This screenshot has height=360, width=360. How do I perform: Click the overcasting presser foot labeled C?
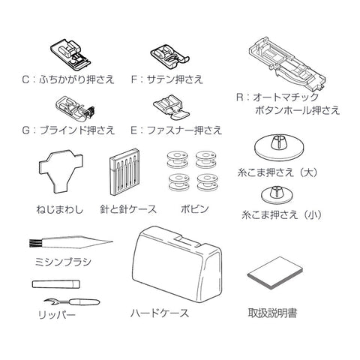70,55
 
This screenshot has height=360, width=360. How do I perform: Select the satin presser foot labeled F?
169,56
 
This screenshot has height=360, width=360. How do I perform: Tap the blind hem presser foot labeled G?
76,107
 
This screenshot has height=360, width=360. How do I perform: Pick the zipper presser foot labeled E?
171,108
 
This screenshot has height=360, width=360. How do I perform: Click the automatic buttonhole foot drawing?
287,65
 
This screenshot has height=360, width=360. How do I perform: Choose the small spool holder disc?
277,195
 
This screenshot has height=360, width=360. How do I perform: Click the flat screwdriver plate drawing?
61,172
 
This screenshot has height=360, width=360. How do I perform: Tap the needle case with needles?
124,172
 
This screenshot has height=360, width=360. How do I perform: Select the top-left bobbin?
177,160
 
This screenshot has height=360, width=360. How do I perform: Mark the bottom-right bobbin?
207,183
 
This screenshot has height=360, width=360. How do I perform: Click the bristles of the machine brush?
34,243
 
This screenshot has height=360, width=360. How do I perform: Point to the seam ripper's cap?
56,284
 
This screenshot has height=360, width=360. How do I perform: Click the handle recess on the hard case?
187,239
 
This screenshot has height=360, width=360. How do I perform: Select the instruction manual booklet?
275,273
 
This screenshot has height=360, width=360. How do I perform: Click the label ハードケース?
160,313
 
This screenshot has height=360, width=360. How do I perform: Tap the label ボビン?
194,208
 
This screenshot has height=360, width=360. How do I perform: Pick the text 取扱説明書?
272,313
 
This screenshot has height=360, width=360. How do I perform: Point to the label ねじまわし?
59,209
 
